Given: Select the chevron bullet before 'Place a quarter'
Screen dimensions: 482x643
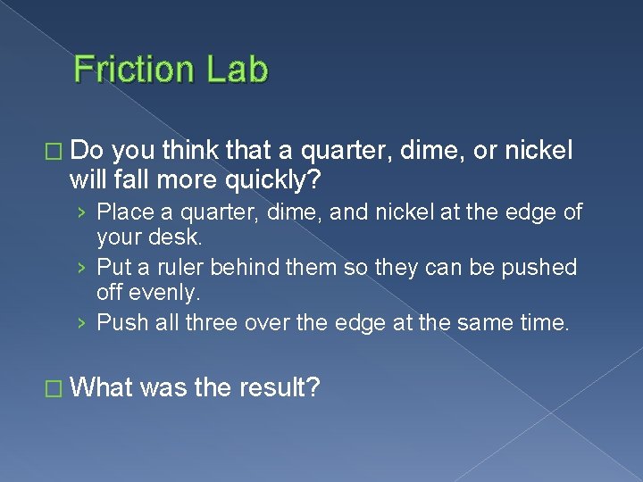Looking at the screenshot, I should (81, 212).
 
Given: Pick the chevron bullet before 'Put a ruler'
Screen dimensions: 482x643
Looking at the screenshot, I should (81, 268).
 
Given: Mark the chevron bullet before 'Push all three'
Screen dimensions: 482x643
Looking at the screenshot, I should (81, 322).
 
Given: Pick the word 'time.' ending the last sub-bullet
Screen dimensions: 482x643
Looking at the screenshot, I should (545, 321).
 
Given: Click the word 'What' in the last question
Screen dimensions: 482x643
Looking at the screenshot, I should (101, 389).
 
